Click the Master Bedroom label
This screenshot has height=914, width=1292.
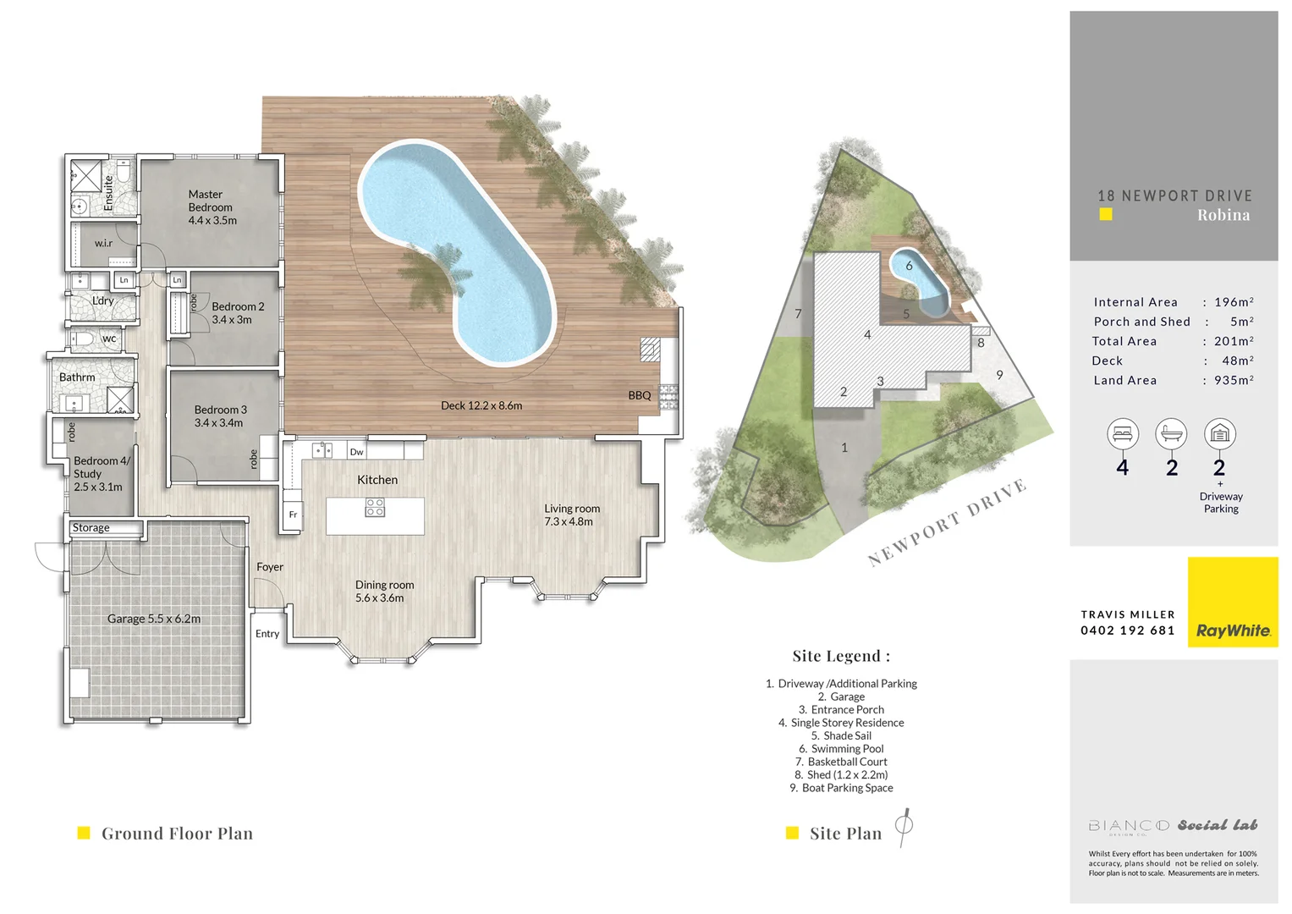212,207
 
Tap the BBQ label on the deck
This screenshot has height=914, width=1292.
640,395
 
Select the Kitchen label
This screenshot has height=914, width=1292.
377,480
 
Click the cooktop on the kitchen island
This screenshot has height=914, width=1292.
375,507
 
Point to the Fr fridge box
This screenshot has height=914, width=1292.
293,515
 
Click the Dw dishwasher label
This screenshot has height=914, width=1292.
356,452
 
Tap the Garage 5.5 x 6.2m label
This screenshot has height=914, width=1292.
154,619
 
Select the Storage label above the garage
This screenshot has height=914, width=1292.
91,528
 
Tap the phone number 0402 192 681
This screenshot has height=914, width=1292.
1127,630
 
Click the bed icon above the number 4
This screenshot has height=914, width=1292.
1122,434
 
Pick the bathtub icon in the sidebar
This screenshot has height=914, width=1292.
1171,434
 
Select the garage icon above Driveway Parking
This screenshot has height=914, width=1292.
1219,434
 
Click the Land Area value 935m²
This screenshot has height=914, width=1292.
1234,381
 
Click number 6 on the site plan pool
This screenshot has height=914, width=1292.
910,266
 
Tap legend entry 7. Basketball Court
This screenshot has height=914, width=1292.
841,762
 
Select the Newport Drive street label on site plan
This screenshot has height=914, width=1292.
947,522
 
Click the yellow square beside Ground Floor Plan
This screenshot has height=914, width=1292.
84,833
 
